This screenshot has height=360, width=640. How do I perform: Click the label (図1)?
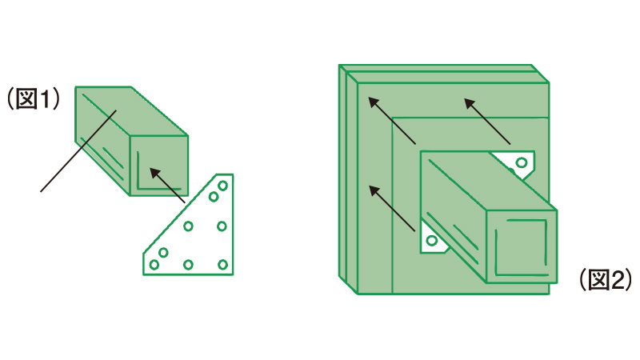coord(34,99)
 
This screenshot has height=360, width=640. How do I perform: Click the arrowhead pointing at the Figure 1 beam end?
coord(154,173)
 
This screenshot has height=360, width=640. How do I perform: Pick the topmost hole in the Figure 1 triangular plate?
coord(222,186)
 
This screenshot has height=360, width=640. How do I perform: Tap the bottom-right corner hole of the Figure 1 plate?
coord(222,265)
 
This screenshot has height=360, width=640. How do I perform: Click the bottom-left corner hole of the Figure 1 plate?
coord(154,265)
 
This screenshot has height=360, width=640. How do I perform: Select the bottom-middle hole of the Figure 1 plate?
coord(188,265)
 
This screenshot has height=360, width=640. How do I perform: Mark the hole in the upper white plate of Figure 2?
coord(522,163)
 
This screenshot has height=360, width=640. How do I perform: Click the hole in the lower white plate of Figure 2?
coord(432,240)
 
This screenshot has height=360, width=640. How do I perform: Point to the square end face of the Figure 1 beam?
coord(158,166)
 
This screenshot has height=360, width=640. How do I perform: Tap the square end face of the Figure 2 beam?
coord(522,247)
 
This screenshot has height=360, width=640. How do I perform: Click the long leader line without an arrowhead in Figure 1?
coord(78,150)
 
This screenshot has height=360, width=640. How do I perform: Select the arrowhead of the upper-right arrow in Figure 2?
coord(470,104)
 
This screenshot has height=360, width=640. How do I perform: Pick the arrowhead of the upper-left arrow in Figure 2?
coord(374,102)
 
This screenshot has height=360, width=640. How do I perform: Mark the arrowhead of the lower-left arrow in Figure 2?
coord(374,190)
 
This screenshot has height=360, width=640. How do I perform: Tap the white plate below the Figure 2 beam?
coord(432,241)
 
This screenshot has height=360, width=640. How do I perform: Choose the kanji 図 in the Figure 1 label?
coord(26,99)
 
